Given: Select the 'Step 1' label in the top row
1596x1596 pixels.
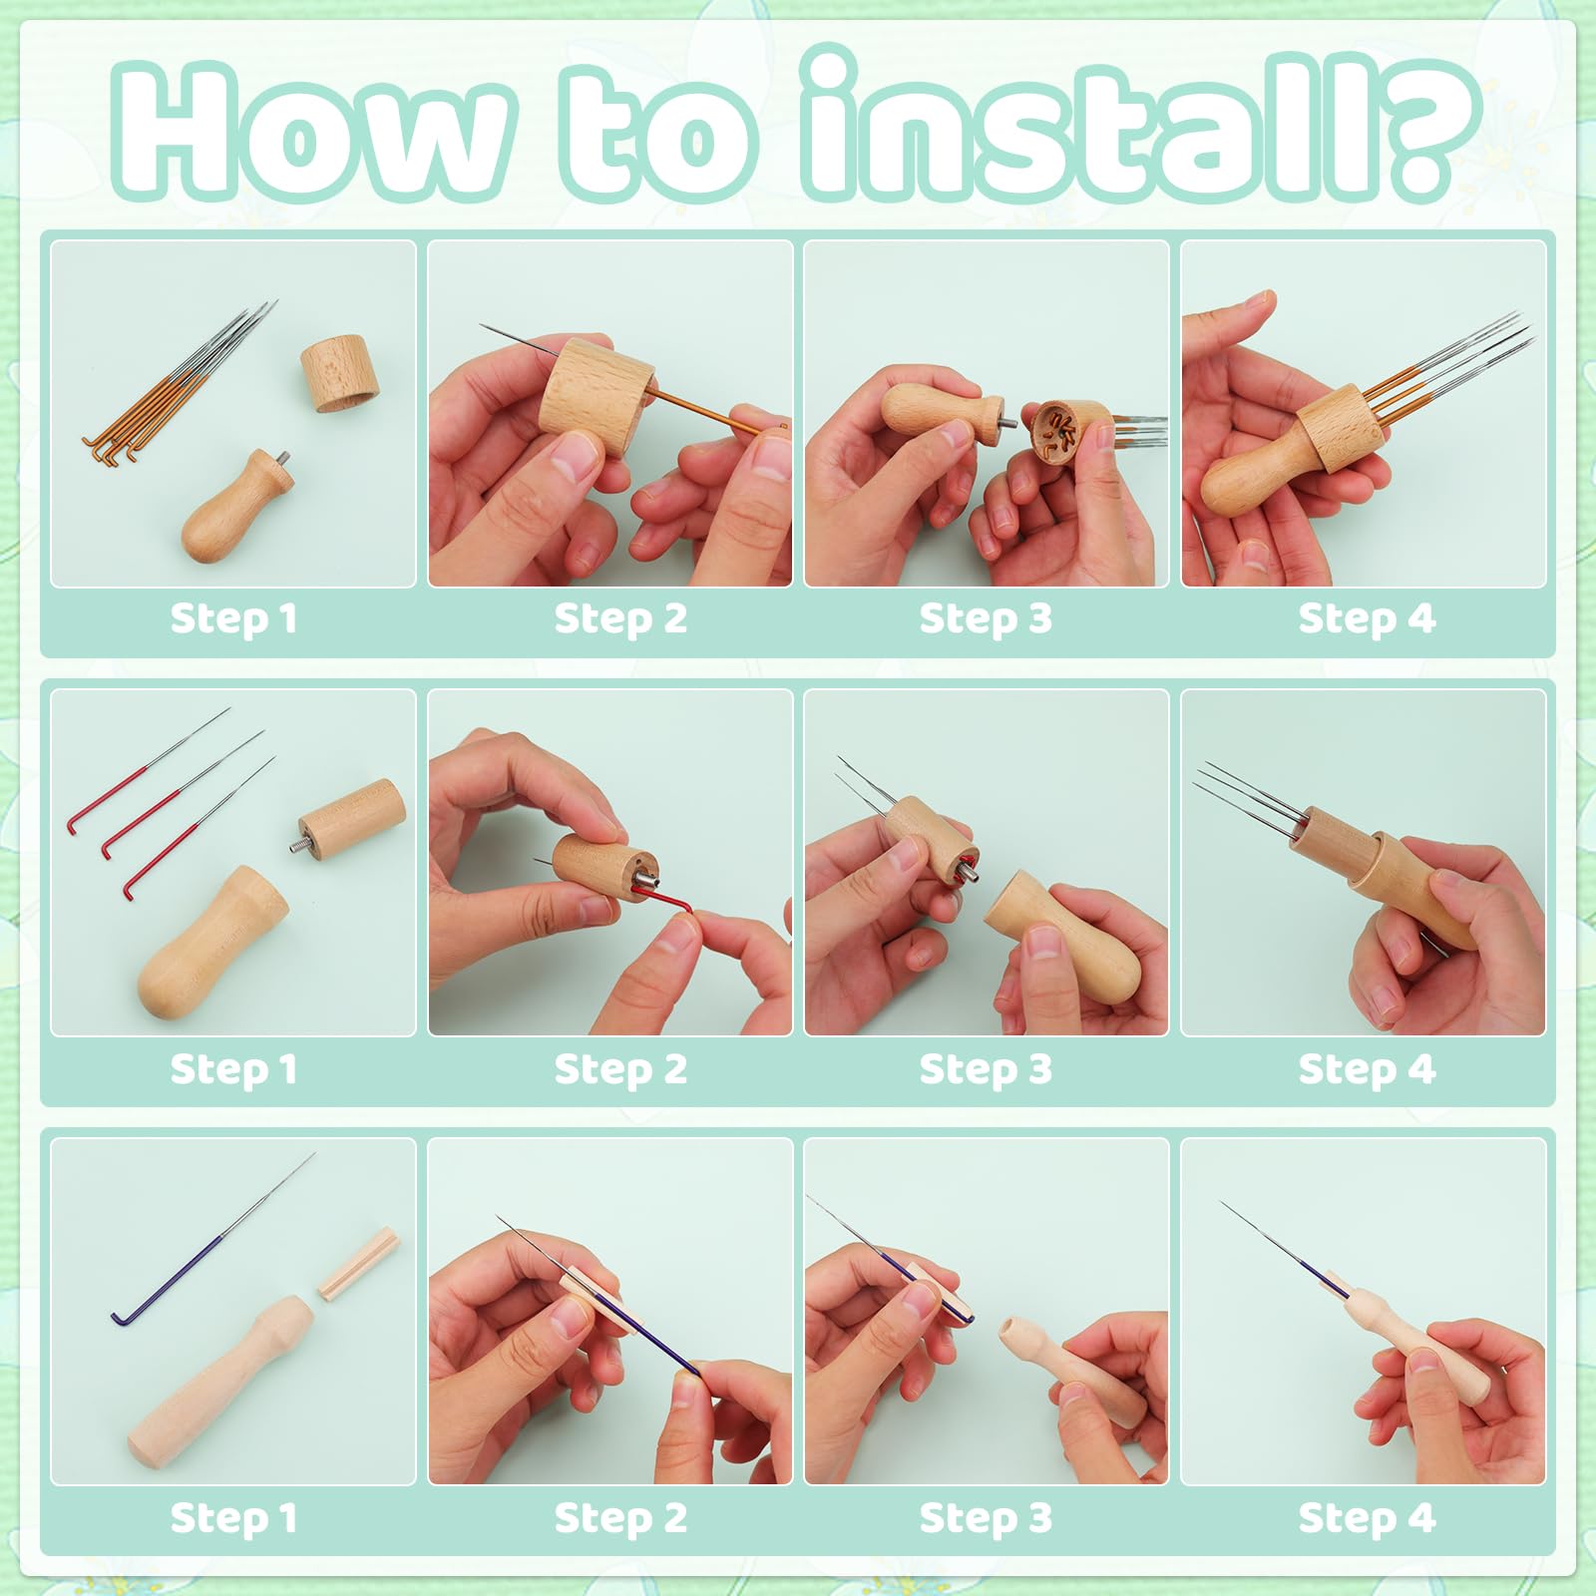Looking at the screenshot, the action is point(233,618).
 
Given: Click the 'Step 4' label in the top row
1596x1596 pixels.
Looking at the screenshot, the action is point(1366,618).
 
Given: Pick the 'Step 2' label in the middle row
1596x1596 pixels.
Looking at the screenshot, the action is point(620,1068).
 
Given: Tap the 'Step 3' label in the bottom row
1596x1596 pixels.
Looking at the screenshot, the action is point(986,1517).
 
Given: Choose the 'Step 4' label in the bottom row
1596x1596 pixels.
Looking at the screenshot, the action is point(1366,1517).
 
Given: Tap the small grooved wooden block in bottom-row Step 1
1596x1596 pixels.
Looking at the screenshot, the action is point(358,1264).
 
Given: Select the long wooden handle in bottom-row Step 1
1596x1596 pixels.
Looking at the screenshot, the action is point(219,1381).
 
